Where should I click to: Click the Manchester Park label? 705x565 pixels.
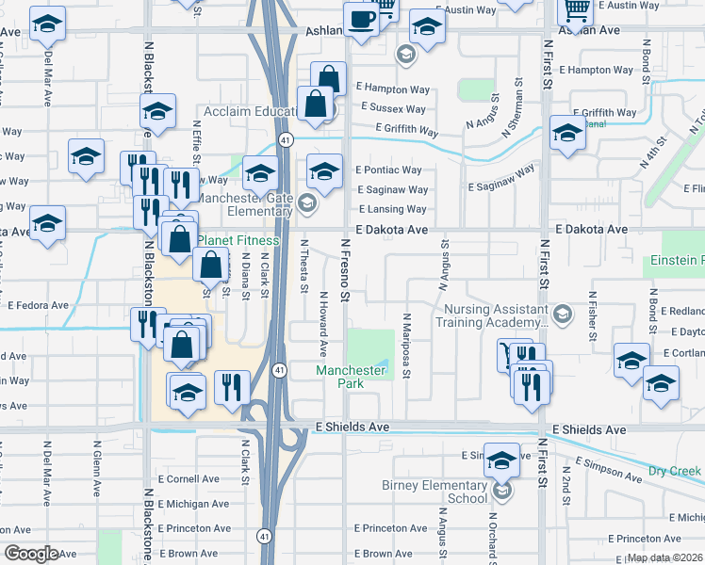[351, 377]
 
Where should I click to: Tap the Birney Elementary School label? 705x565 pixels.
[434, 492]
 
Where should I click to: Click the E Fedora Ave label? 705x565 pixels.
[39, 305]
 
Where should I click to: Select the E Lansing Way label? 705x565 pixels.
[391, 210]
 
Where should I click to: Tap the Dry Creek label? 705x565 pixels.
[675, 470]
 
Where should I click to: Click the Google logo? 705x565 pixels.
[31, 554]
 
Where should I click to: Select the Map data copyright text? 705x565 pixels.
[665, 557]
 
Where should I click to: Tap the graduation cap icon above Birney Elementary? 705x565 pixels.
[501, 460]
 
